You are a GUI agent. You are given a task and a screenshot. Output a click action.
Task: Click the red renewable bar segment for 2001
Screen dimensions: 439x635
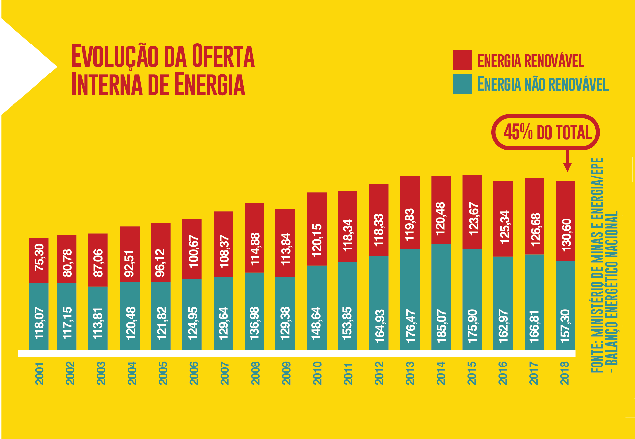pos(39,260)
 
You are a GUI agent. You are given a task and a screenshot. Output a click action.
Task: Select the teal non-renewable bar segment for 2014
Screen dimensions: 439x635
pos(441,297)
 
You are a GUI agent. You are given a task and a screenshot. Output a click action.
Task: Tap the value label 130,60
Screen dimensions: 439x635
pos(566,235)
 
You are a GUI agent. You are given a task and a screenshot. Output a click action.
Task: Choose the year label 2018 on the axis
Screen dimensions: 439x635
pos(565,373)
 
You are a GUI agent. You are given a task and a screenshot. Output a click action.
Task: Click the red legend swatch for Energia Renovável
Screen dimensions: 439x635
pos(462,60)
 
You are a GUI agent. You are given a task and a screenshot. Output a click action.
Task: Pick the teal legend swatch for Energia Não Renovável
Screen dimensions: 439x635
pos(462,84)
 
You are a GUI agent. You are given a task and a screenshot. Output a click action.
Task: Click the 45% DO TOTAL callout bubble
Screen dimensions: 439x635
pos(545,132)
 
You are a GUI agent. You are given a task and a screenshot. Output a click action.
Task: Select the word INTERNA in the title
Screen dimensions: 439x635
pos(107,84)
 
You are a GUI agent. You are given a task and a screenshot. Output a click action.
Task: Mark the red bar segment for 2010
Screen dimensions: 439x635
pos(317,229)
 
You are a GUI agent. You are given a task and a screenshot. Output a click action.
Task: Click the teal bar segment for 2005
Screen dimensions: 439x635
pos(161,316)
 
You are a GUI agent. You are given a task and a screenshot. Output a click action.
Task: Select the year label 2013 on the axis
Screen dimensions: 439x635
pos(410,373)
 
